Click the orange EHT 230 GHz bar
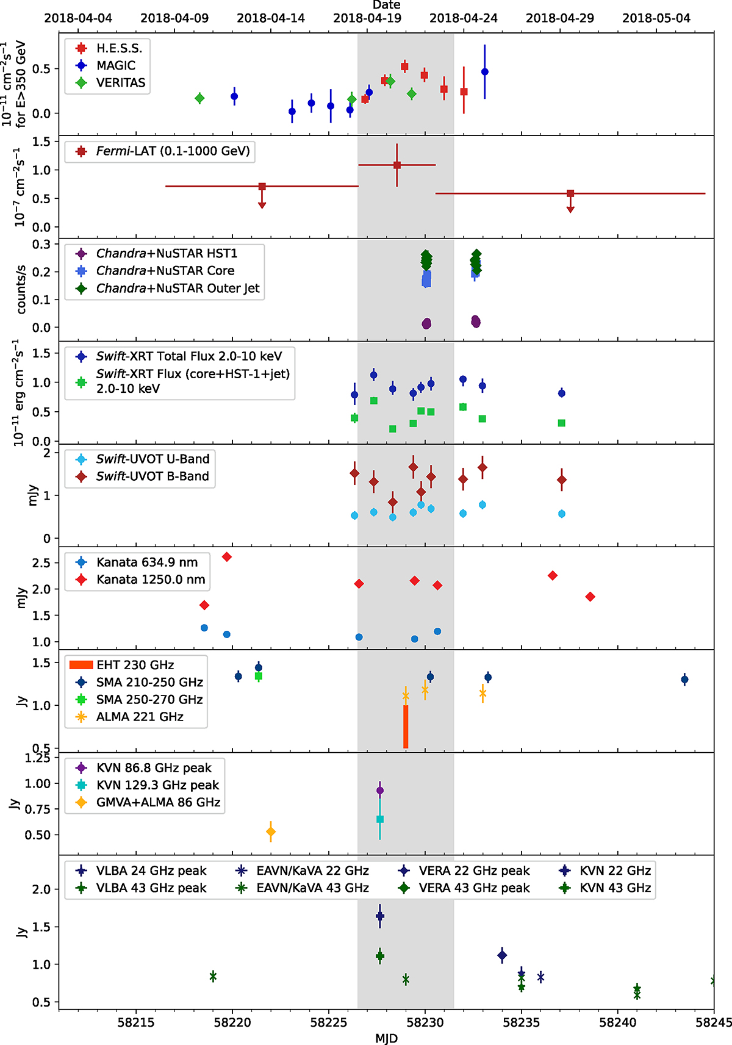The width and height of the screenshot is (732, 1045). pyautogui.click(x=406, y=726)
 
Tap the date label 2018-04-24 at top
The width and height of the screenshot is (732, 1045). pyautogui.click(x=463, y=18)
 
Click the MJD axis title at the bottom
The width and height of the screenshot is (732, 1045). pyautogui.click(x=386, y=1037)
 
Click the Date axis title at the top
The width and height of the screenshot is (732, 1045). pyautogui.click(x=386, y=5)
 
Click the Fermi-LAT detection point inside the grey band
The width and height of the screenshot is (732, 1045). pyautogui.click(x=397, y=165)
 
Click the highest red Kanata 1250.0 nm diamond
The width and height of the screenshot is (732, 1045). pyautogui.click(x=227, y=557)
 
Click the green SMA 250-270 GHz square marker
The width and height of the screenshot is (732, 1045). pyautogui.click(x=259, y=676)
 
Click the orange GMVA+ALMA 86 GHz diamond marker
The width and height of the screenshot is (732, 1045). pyautogui.click(x=271, y=831)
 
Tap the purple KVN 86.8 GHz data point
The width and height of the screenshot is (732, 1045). pyautogui.click(x=380, y=790)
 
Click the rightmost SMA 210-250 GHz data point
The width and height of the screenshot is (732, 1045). pyautogui.click(x=684, y=679)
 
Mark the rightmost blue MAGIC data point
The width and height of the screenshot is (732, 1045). pyautogui.click(x=485, y=72)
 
